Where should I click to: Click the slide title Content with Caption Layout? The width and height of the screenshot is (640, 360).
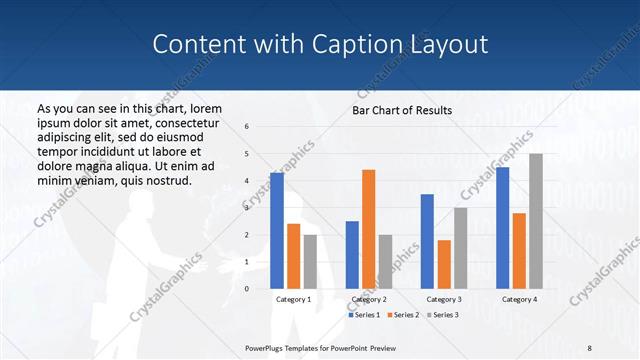tap(320, 45)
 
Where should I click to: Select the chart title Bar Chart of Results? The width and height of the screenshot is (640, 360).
tap(401, 110)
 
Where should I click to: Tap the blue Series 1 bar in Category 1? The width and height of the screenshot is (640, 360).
tap(277, 230)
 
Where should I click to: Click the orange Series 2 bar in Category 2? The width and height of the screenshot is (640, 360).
tap(368, 229)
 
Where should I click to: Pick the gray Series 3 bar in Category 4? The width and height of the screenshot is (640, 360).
tap(536, 221)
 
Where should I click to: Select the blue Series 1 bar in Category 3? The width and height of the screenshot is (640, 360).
tap(427, 241)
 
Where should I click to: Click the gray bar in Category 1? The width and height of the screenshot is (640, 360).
tap(310, 261)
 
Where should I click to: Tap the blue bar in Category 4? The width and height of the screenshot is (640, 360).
tap(503, 227)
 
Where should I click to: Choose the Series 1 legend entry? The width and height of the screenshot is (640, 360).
tap(364, 315)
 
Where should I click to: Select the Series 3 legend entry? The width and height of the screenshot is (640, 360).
tap(442, 315)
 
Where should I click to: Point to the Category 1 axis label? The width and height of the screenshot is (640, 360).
tap(294, 299)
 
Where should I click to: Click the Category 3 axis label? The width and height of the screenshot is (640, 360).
tap(444, 299)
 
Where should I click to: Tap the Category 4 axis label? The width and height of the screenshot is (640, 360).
tap(519, 299)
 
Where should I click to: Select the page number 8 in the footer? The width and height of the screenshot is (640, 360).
tap(589, 347)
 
